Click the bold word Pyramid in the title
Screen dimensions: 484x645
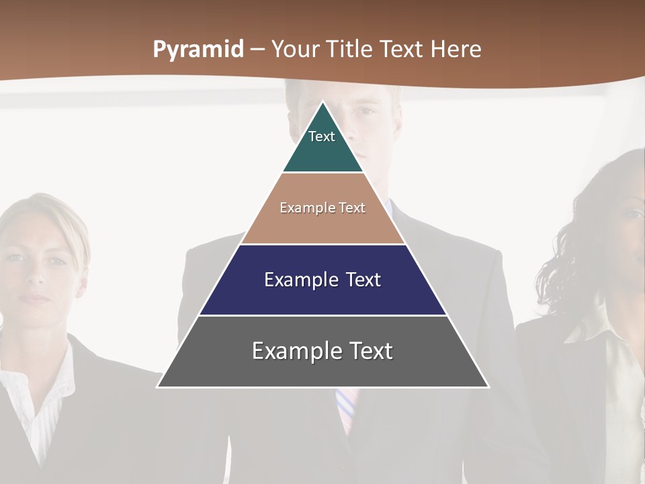coord(198,50)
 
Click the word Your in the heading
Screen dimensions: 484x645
coord(293,50)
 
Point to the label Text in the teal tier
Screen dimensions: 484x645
coord(322,136)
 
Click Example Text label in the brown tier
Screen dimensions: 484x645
coord(322,208)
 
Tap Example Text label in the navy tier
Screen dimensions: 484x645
coord(322,280)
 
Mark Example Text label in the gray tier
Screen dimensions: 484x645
coord(322,351)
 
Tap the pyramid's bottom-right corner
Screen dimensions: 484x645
coord(488,387)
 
